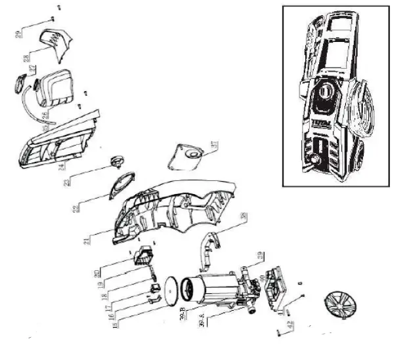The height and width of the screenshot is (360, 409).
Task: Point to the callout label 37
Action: tap(213, 146)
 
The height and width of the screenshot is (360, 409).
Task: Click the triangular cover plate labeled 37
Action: tap(189, 152)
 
